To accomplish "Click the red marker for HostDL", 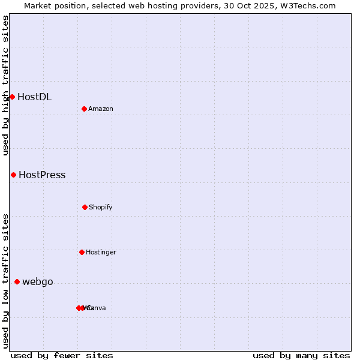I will pyautogui.click(x=12, y=97).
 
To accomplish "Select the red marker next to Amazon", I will pyautogui.click(x=84, y=109).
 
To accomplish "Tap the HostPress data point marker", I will pyautogui.click(x=13, y=175).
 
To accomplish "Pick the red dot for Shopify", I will pyautogui.click(x=85, y=207).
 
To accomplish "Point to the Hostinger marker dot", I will pyautogui.click(x=82, y=252).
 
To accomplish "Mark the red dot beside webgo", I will pyautogui.click(x=17, y=281).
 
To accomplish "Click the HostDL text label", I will pyautogui.click(x=34, y=97).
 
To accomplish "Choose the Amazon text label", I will pyautogui.click(x=101, y=109).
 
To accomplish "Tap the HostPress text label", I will pyautogui.click(x=42, y=175).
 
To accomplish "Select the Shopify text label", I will pyautogui.click(x=101, y=207).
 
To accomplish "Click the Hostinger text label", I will pyautogui.click(x=101, y=252).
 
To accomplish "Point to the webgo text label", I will pyautogui.click(x=38, y=282).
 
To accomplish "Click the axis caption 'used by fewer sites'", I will pyautogui.click(x=62, y=355).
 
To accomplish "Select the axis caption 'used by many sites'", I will pyautogui.click(x=301, y=355).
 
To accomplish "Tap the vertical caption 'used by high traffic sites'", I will pyautogui.click(x=5, y=85).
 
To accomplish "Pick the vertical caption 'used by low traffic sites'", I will pyautogui.click(x=5, y=280).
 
